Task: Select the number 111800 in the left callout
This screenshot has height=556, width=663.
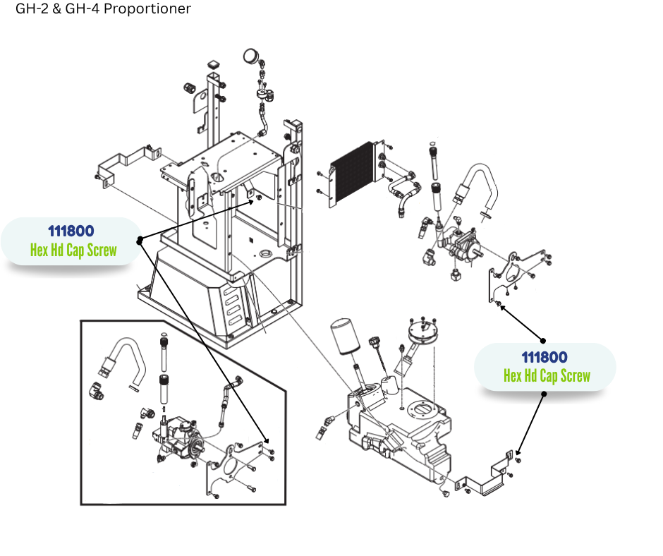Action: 71,231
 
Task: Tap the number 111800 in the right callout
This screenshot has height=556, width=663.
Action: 545,357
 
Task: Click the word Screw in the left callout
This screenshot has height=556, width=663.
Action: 102,250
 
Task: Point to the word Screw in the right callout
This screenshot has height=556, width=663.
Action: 575,376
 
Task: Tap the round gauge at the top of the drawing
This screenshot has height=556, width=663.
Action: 250,56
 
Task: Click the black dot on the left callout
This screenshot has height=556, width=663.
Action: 140,240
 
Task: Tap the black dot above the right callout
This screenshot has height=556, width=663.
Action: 543,340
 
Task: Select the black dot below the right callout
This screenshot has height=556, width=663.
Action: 545,394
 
